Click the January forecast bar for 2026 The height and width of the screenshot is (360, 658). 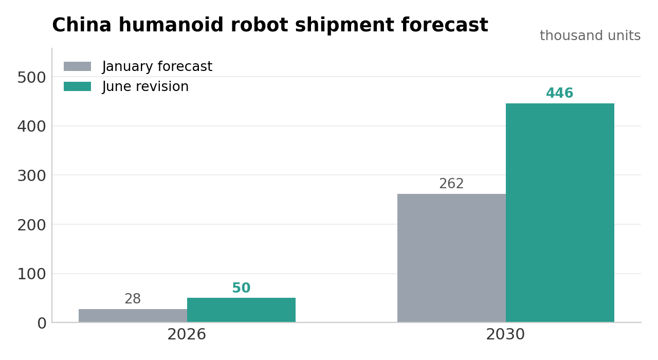(133, 316)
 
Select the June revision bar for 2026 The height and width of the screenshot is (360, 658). (241, 310)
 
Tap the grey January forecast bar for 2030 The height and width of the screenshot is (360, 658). (451, 258)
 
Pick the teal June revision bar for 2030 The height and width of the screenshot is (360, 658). (560, 213)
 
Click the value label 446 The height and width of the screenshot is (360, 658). (560, 93)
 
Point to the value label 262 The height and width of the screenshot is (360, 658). (451, 184)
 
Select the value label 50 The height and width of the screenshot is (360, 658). (241, 287)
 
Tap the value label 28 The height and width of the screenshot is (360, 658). (133, 299)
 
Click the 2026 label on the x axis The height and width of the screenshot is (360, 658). (187, 334)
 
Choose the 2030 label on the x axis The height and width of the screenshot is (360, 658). (505, 334)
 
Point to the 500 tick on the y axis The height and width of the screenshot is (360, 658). (32, 78)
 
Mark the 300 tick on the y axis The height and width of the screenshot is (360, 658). (32, 176)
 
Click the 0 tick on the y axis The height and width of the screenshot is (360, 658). (42, 323)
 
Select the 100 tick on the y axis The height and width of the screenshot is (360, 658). (32, 274)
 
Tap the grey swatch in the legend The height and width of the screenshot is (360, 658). (77, 66)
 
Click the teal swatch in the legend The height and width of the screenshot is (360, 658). (77, 86)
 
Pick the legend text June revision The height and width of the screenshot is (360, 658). (145, 86)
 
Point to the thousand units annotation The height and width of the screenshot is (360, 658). (590, 35)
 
